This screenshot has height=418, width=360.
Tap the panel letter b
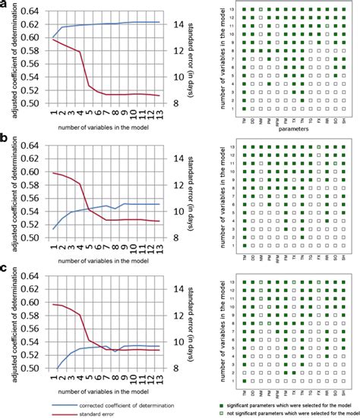pyautogui.click(x=5, y=139)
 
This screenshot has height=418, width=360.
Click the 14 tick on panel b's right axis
pyautogui.click(x=175, y=159)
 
